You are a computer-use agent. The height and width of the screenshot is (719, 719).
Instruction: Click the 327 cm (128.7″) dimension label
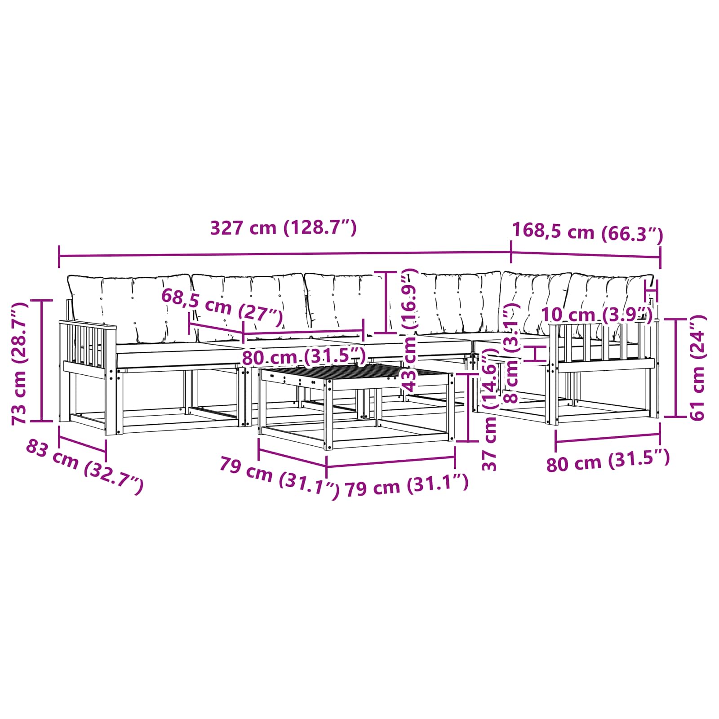[284, 228]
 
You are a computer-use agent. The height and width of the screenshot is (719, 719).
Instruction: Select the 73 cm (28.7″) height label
[19, 363]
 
